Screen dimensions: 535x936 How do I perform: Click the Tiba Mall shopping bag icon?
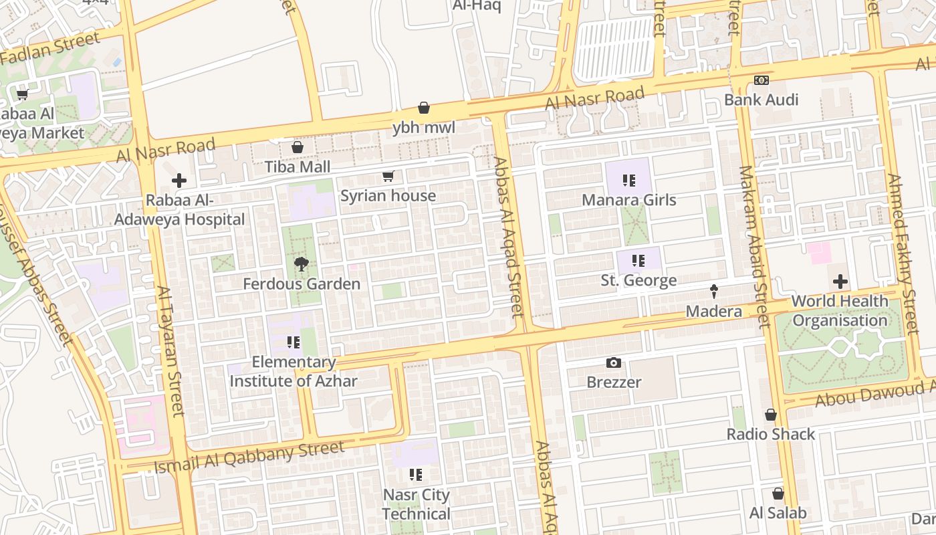(x=298, y=147)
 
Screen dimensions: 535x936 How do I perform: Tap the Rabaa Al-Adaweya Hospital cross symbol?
(x=179, y=181)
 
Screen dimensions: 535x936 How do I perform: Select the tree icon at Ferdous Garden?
(x=301, y=265)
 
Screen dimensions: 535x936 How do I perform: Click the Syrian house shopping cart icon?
(x=388, y=177)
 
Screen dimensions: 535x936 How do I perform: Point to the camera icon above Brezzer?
(x=614, y=363)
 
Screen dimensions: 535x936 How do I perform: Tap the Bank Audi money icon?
(x=761, y=80)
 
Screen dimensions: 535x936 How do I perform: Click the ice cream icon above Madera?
(x=714, y=292)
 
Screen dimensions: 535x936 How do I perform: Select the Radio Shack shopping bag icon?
(x=771, y=415)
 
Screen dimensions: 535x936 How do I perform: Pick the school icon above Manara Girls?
(x=628, y=180)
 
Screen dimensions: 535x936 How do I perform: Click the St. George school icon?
(x=638, y=260)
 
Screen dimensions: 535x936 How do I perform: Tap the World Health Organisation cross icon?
(x=840, y=282)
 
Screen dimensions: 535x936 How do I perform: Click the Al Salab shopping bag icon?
(x=778, y=494)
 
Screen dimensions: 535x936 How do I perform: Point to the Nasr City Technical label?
(x=417, y=504)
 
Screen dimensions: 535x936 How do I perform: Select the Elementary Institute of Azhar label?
(x=294, y=372)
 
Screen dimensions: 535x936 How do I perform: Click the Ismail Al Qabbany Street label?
(x=249, y=457)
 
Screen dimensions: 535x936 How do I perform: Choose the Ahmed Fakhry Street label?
(x=902, y=254)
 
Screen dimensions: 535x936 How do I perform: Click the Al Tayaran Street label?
(x=170, y=351)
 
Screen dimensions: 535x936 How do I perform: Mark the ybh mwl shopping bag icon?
(x=424, y=108)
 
